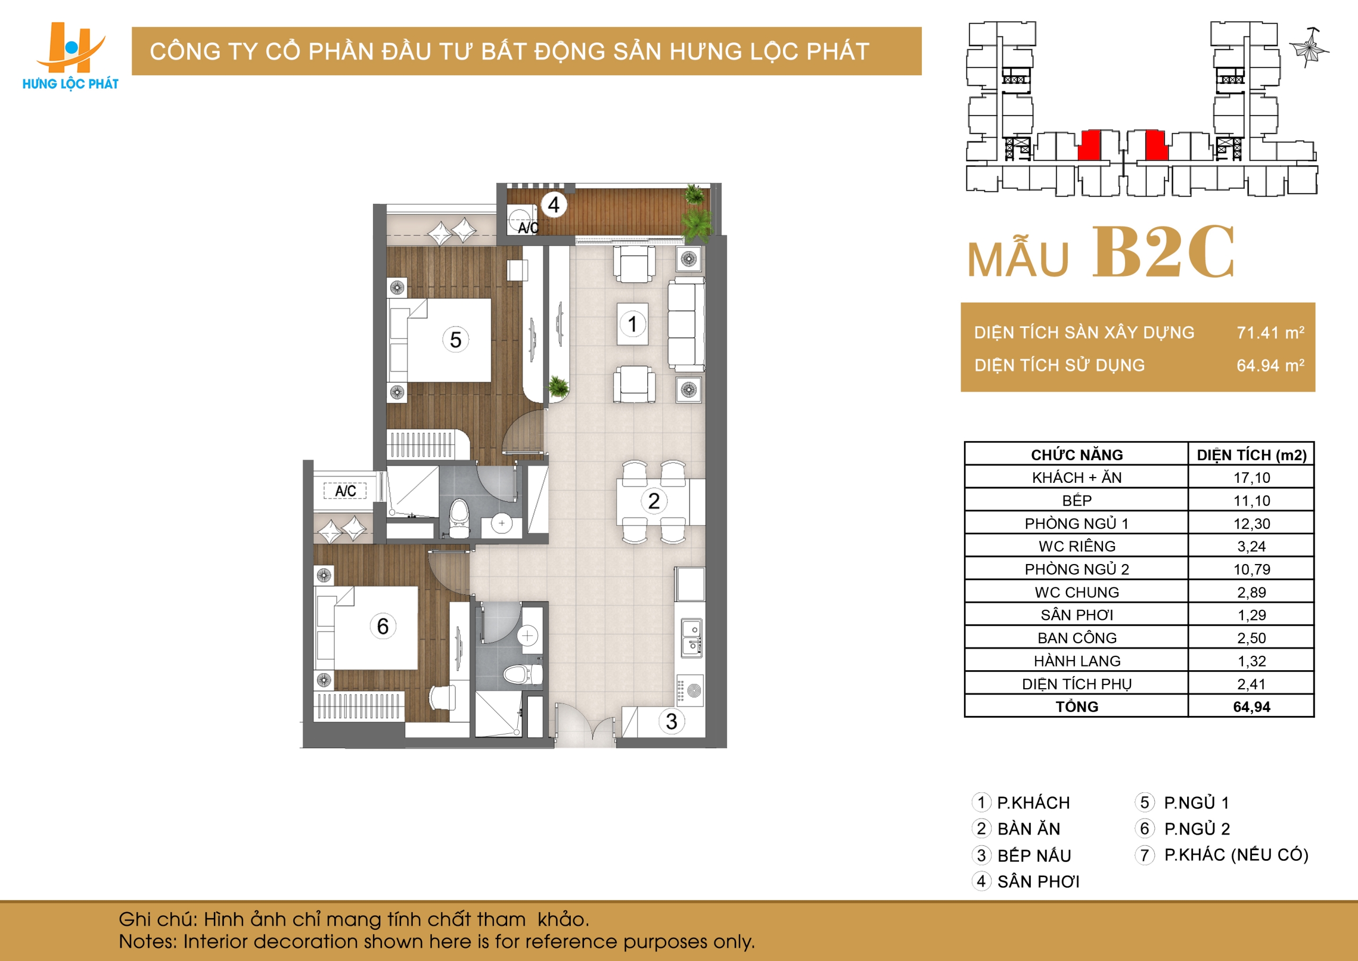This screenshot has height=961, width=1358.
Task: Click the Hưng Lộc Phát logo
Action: (x=71, y=56)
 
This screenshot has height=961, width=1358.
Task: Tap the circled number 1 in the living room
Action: (x=632, y=324)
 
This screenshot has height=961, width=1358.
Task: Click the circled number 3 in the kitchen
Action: (x=672, y=721)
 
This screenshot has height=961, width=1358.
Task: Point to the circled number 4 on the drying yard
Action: (x=554, y=205)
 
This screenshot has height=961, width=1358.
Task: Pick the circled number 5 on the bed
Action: (x=456, y=340)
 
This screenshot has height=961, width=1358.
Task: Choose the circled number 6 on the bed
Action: (x=382, y=626)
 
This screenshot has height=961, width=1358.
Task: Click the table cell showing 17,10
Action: (x=1251, y=478)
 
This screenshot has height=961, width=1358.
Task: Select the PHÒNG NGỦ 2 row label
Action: (x=1076, y=569)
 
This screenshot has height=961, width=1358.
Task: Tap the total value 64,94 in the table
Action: (x=1251, y=706)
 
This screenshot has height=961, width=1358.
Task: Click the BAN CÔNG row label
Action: (x=1077, y=638)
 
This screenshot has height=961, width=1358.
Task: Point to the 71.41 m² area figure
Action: (x=1270, y=332)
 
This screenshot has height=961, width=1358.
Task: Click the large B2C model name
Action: (x=1163, y=252)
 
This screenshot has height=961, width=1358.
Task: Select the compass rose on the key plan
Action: (x=1309, y=47)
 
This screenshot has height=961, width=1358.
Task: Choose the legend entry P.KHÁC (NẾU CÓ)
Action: (x=1236, y=854)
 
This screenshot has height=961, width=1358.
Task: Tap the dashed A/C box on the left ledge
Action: (x=345, y=490)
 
